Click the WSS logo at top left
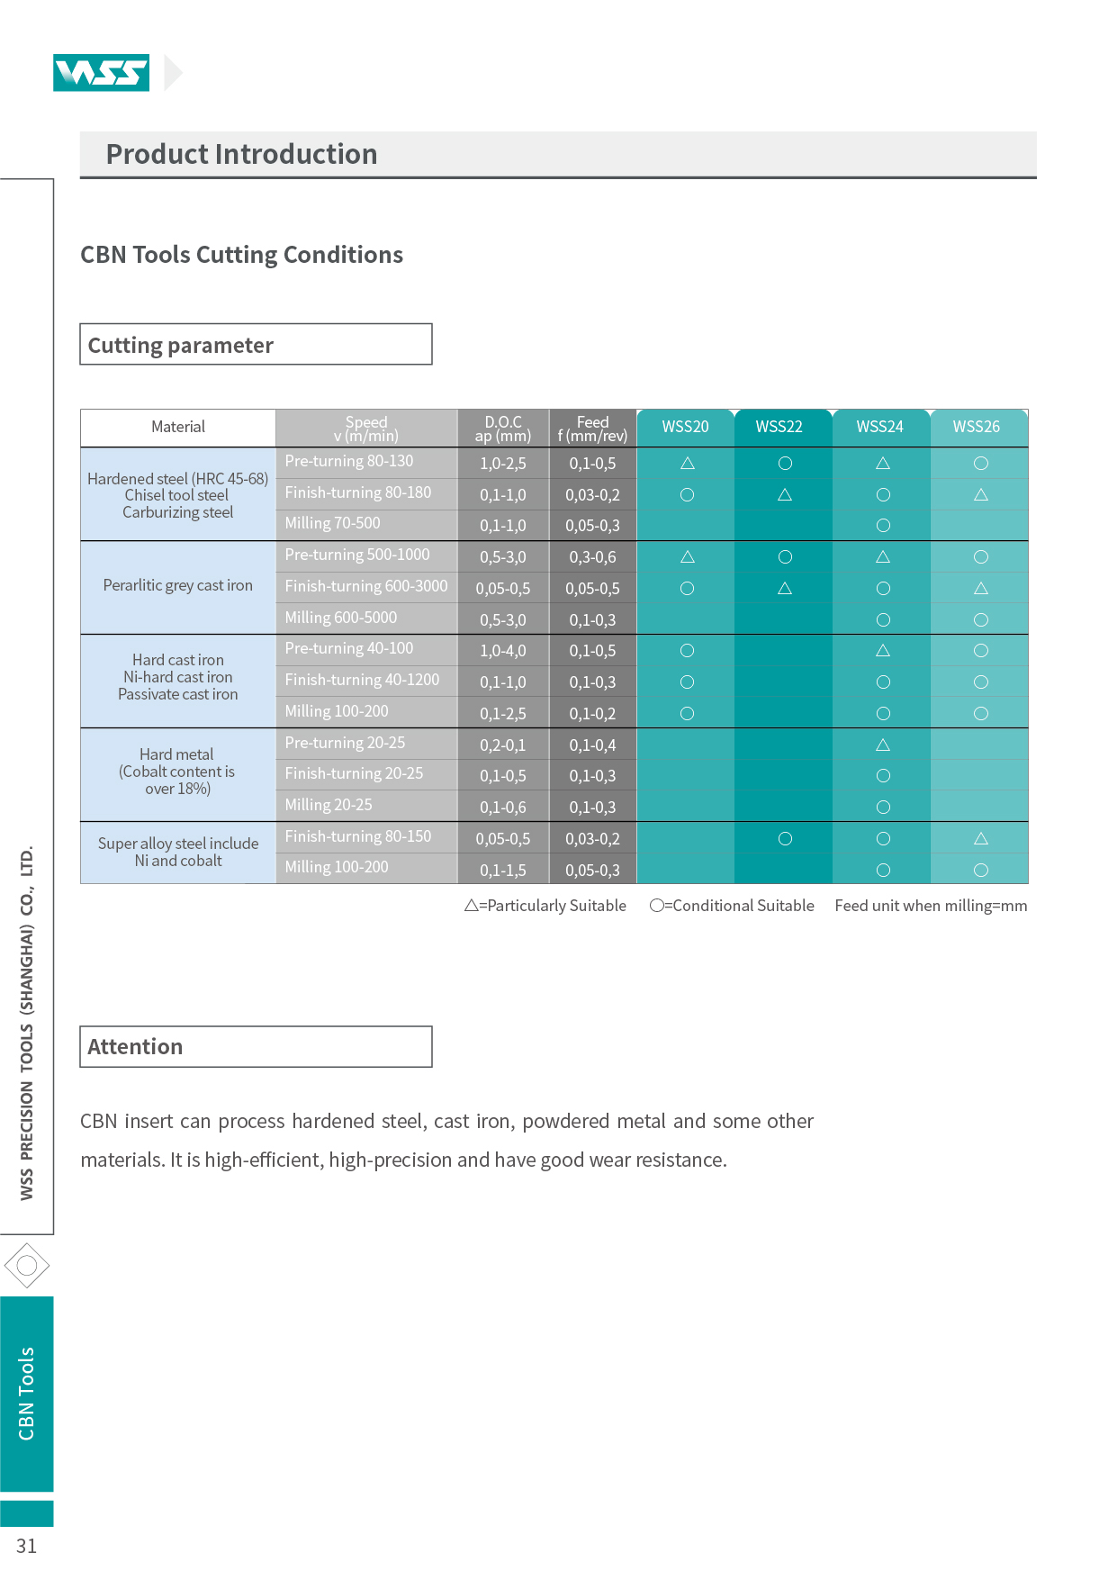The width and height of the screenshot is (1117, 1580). pyautogui.click(x=101, y=73)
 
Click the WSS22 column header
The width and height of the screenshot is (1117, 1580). pyautogui.click(x=779, y=427)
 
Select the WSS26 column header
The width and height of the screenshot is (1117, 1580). pyautogui.click(x=977, y=427)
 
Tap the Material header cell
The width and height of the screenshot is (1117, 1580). pyautogui.click(x=178, y=427)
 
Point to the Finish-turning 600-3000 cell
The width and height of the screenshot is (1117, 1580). pyautogui.click(x=366, y=586)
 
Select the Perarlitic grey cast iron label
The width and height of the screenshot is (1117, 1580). pyautogui.click(x=178, y=585)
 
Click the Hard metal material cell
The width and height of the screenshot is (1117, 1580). pyautogui.click(x=177, y=772)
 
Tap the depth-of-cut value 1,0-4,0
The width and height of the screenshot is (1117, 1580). pyautogui.click(x=503, y=651)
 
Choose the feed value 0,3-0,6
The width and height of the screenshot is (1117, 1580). pyautogui.click(x=593, y=557)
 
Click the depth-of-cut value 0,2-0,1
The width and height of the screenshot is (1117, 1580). pyautogui.click(x=503, y=745)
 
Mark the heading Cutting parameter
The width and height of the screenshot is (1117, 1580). pyautogui.click(x=181, y=346)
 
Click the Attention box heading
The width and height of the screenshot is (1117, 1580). pyautogui.click(x=135, y=1047)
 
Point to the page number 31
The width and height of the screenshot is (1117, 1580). pyautogui.click(x=27, y=1546)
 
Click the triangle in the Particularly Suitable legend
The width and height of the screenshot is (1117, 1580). pyautogui.click(x=471, y=906)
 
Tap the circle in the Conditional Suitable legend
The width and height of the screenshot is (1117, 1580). pyautogui.click(x=656, y=906)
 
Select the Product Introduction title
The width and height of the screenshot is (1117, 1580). pyautogui.click(x=241, y=154)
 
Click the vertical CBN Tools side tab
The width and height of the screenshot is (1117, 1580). pyautogui.click(x=27, y=1394)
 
